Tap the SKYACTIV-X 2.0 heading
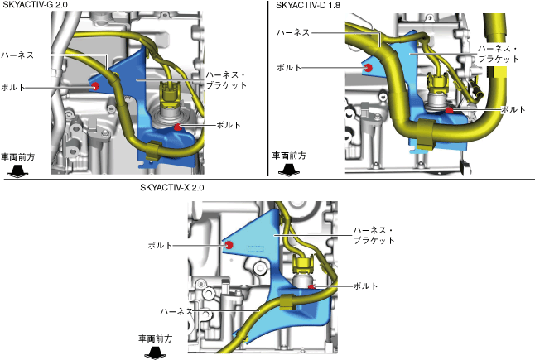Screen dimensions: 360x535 click(171, 187)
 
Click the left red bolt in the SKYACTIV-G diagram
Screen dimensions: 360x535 click(96, 86)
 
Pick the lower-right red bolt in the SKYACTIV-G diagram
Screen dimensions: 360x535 click(178, 126)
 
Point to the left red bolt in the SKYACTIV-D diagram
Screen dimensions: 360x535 click(366, 68)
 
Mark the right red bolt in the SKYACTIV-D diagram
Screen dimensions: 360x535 click(448, 108)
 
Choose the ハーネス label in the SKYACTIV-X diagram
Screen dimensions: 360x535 click(176, 311)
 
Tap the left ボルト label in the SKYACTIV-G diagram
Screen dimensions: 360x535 click(13, 86)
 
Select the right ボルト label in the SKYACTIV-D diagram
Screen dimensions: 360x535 click(513, 109)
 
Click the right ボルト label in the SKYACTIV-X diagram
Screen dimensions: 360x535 click(365, 286)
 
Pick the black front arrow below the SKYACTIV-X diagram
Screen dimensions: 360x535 click(154, 353)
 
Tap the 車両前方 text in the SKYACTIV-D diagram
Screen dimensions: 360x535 click(289, 155)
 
